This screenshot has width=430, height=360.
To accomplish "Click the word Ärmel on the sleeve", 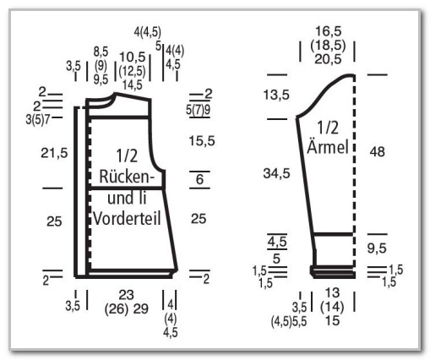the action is (x=328, y=146).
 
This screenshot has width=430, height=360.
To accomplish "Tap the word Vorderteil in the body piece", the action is (x=127, y=218).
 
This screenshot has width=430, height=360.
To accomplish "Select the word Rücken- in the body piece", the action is (x=127, y=177).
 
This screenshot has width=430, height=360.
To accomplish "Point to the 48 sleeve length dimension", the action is (x=377, y=152).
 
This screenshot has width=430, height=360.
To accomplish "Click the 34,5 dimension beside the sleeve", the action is (x=276, y=173).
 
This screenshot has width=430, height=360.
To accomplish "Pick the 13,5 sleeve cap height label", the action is (x=276, y=95).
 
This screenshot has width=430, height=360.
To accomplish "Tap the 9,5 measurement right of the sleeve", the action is (x=377, y=248).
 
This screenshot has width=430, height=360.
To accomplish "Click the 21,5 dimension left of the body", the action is (x=54, y=153).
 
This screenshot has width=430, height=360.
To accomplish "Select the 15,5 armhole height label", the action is (x=202, y=140).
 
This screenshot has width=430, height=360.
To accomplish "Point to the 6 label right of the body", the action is (x=199, y=179).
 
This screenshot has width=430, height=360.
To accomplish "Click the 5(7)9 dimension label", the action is (x=199, y=110).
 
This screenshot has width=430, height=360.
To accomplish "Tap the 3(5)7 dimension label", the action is (x=38, y=120).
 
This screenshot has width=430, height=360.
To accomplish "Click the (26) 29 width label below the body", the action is (x=126, y=309).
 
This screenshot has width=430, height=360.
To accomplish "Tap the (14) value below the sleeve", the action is (x=332, y=307).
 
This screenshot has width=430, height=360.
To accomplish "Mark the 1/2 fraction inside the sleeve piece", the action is (x=328, y=128).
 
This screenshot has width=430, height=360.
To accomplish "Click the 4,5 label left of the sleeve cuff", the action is (x=277, y=242).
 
